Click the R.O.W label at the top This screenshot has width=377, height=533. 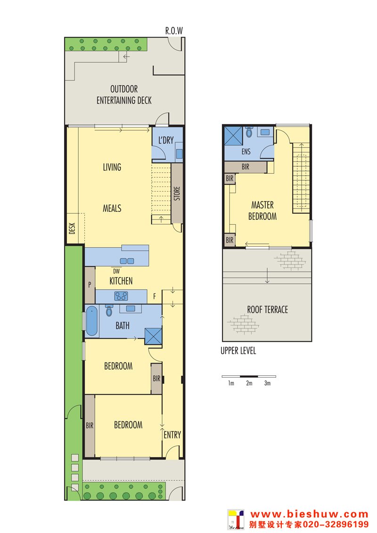pos(174,31)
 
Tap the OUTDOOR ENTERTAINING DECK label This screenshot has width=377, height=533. pos(124,95)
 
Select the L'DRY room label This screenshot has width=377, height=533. pos(166,140)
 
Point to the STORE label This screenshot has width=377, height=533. pos(177,193)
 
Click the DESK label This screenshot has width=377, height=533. pos(72,228)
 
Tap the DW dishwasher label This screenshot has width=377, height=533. pos(116,271)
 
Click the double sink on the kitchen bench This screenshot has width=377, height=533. pos(127,261)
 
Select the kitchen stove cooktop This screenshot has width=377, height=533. pos(121,296)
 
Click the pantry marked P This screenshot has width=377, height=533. pos(90,285)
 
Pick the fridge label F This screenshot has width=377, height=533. pos(155,297)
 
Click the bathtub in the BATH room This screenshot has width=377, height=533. pos(91,321)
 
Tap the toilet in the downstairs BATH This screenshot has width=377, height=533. pos(109,310)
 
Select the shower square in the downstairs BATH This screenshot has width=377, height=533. pos(153,336)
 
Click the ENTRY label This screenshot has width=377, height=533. pos(172,435)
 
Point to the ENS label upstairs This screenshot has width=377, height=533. pos(246,152)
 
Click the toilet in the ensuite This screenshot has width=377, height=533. pos(249,132)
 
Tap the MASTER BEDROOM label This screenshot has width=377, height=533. pos(262,211)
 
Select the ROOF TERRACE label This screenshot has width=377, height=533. pos(268,310)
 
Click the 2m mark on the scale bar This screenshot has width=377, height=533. pos(249,383)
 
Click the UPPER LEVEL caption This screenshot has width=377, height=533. pos(238,350)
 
